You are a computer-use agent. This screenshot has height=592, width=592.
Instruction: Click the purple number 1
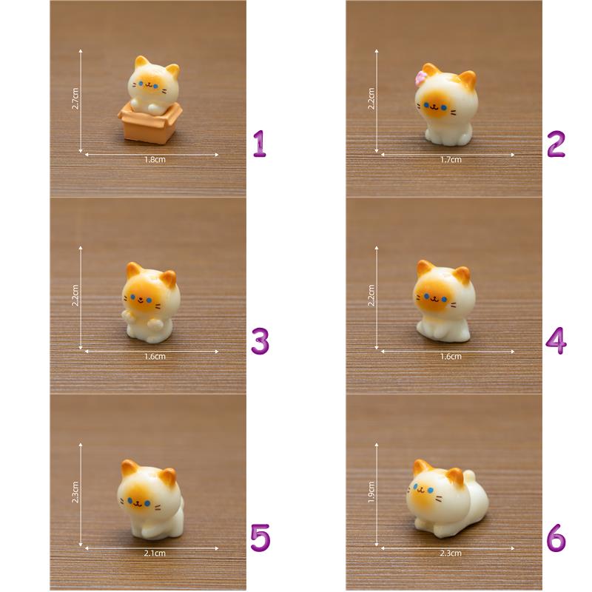click(260, 144)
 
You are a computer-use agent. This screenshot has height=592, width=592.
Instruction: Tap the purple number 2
click(556, 144)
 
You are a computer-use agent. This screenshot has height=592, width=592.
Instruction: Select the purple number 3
click(260, 341)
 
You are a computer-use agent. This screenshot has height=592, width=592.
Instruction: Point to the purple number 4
click(556, 341)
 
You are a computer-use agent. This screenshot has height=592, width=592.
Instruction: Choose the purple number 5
click(260, 538)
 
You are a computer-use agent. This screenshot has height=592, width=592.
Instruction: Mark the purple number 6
click(556, 538)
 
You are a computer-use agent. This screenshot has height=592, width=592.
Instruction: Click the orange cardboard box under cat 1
click(150, 122)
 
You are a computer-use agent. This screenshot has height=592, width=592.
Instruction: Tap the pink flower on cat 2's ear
click(420, 78)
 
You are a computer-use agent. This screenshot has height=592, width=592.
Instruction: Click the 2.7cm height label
click(75, 98)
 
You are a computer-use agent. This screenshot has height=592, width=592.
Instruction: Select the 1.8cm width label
click(155, 160)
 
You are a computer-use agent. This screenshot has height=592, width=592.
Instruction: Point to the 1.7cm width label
click(451, 160)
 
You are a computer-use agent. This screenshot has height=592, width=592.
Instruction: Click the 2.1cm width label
click(155, 553)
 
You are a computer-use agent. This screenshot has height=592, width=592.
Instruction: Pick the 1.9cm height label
click(371, 492)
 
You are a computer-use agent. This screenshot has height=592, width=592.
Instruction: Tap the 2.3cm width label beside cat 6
click(451, 553)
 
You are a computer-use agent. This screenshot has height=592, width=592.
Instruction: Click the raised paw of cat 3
click(126, 315)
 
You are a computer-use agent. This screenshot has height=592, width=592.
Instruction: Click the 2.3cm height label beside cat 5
click(75, 492)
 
